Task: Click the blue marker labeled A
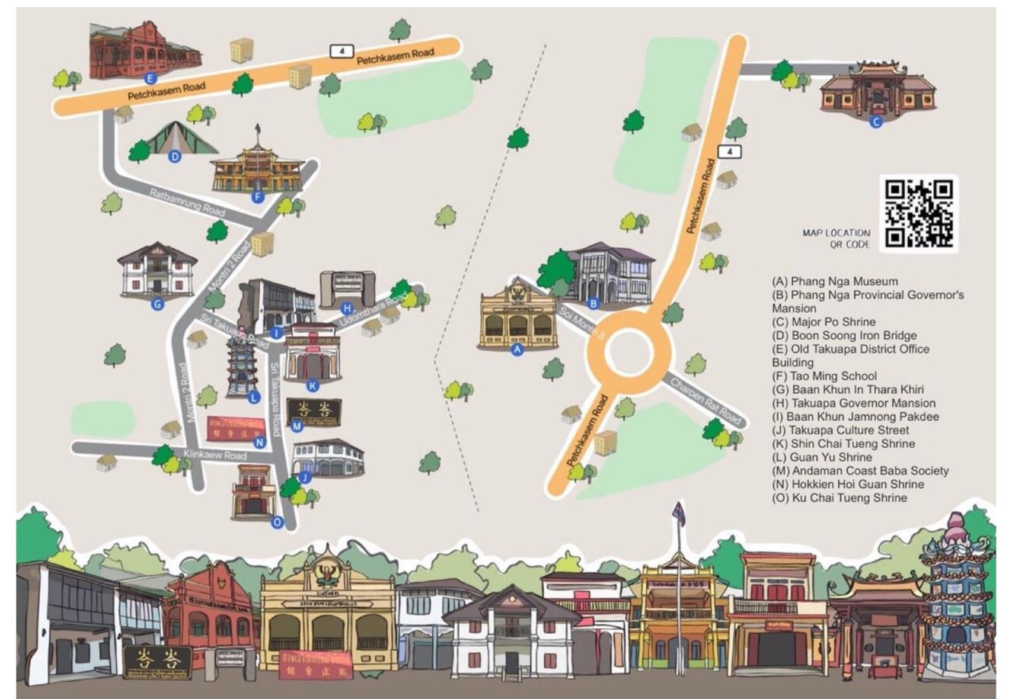click(517, 349)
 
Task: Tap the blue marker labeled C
click(876, 122)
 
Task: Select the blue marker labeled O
click(277, 522)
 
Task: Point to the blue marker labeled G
click(157, 304)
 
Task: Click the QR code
click(918, 214)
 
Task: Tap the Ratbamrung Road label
click(187, 203)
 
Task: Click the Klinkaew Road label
click(215, 455)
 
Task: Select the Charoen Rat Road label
click(705, 401)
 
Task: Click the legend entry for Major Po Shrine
click(823, 322)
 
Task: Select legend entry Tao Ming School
click(824, 376)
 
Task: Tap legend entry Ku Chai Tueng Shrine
click(839, 498)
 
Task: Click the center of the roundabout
click(628, 351)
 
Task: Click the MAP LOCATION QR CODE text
click(836, 238)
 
